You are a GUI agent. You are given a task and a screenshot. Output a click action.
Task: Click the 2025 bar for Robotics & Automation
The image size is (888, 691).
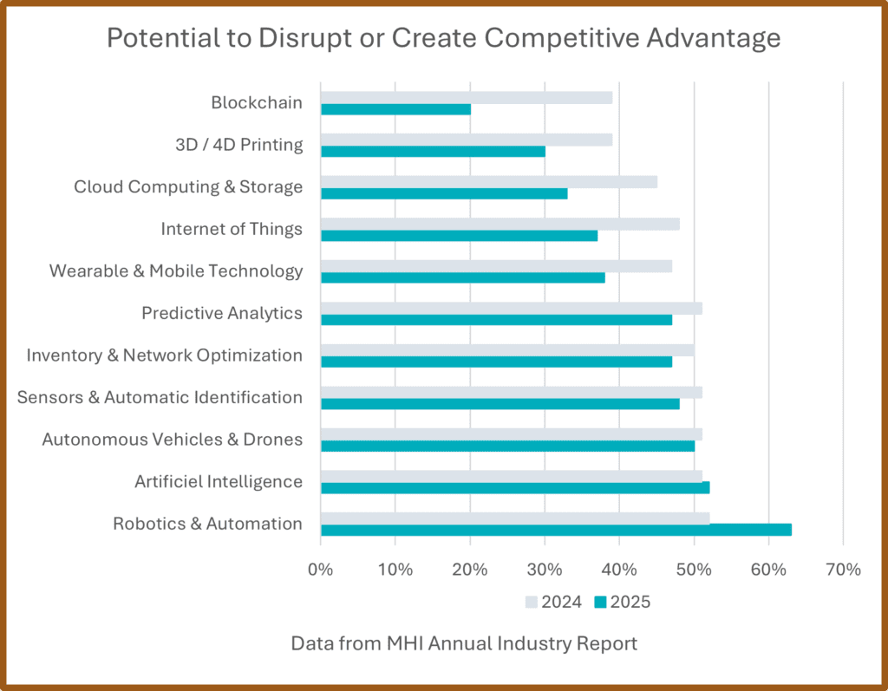click(x=555, y=530)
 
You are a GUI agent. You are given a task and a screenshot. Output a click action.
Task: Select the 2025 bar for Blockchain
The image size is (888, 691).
click(x=395, y=109)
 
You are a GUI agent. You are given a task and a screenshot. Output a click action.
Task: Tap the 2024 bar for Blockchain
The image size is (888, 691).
click(x=467, y=97)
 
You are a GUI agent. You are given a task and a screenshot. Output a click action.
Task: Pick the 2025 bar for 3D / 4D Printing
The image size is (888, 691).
click(x=433, y=151)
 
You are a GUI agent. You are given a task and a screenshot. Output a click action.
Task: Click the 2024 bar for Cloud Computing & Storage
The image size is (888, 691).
click(x=489, y=181)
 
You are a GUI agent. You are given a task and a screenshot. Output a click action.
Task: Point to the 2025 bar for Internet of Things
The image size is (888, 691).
click(x=459, y=236)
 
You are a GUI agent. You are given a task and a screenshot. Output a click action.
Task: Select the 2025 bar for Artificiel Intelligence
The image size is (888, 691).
click(x=515, y=487)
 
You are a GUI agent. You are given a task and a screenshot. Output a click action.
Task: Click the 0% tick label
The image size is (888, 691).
click(x=321, y=570)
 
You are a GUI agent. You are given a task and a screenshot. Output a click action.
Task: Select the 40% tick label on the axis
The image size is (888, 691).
click(x=619, y=570)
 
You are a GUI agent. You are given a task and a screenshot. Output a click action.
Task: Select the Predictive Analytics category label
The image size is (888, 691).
click(x=222, y=313)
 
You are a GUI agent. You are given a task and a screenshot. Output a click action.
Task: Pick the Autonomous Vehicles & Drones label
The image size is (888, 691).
click(x=173, y=440)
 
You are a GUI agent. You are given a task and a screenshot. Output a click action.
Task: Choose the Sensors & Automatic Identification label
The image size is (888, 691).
click(x=160, y=397)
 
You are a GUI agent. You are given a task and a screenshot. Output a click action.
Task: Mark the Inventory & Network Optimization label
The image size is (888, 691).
click(x=165, y=355)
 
